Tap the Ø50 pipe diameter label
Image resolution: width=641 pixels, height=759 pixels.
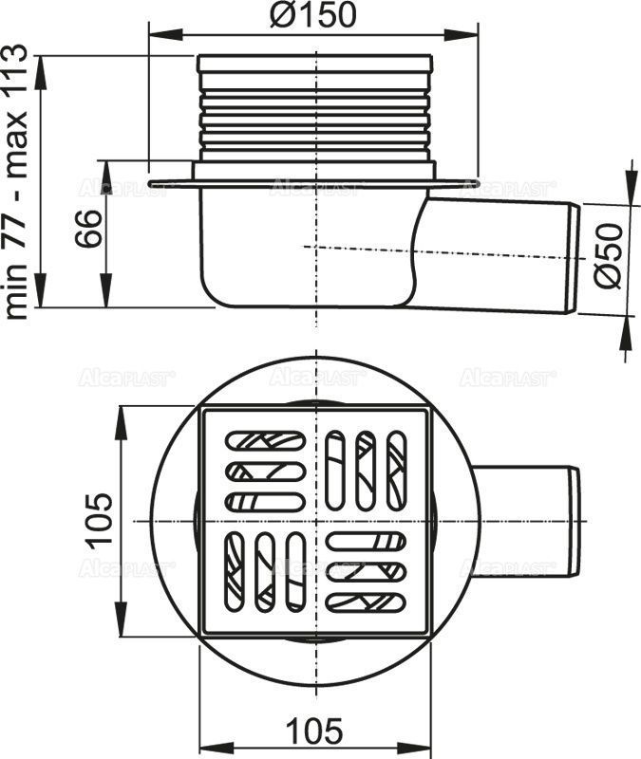click(609, 256)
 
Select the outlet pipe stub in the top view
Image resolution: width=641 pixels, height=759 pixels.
click(527, 521)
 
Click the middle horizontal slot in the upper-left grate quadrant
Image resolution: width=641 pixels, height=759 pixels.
click(265, 471)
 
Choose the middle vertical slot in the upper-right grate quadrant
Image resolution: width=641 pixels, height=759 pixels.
click(366, 469)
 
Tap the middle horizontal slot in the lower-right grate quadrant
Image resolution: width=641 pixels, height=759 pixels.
click(366, 571)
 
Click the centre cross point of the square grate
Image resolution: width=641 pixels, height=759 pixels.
click(315, 521)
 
